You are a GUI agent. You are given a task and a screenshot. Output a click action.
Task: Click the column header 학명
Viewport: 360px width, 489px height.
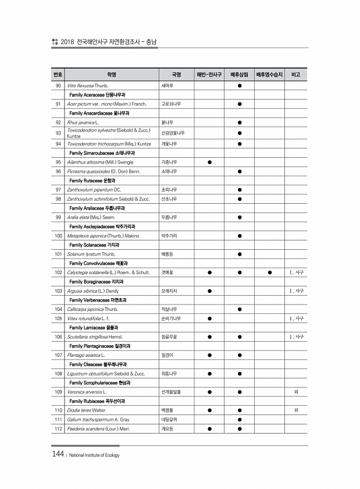(112, 75)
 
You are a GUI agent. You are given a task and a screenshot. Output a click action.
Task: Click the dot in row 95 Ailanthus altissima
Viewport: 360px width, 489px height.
(209, 161)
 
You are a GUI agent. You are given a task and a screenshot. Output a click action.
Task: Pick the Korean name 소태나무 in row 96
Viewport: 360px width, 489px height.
(170, 171)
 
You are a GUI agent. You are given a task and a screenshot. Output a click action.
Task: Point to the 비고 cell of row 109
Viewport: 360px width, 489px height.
(296, 391)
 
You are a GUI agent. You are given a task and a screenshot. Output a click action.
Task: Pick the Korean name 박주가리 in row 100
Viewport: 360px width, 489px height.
(170, 235)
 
